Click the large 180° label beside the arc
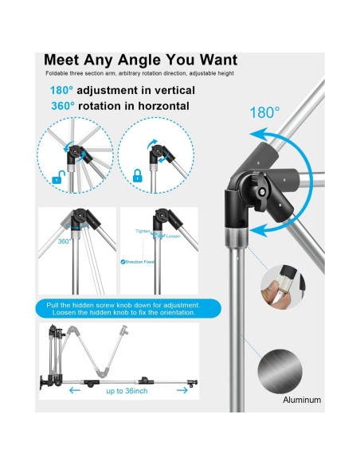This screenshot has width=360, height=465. (266, 112)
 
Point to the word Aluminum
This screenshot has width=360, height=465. (302, 399)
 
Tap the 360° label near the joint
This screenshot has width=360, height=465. (64, 240)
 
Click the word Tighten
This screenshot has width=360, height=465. (143, 232)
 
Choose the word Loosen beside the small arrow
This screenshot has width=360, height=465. (173, 236)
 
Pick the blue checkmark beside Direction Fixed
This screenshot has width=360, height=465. (123, 260)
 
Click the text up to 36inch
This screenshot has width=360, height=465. (126, 391)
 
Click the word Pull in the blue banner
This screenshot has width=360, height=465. (57, 304)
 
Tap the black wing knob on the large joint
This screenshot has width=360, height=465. (261, 190)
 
